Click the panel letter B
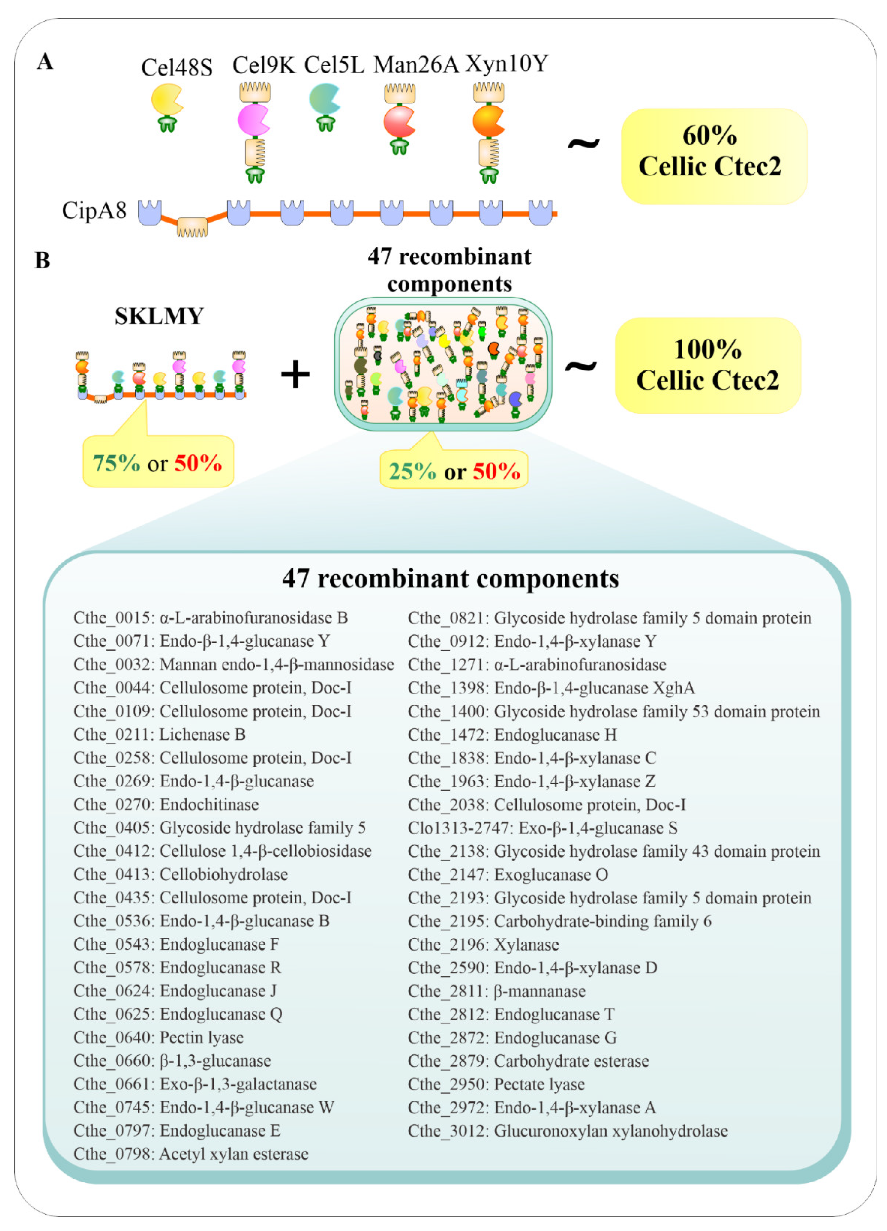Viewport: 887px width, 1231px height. (x=42, y=261)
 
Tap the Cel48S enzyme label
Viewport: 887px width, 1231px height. (x=176, y=67)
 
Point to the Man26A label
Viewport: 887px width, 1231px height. (x=416, y=64)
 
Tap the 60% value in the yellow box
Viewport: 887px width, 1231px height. (x=709, y=135)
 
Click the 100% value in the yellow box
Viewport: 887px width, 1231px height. (x=707, y=349)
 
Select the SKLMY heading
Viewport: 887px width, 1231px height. (x=159, y=316)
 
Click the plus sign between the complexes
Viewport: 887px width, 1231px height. (x=295, y=375)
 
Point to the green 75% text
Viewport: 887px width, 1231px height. (x=116, y=463)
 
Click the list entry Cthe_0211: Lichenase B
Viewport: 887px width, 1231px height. (x=160, y=734)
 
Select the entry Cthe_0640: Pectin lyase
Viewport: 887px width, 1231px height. (x=158, y=1037)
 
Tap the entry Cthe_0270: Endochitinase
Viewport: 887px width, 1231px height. (x=166, y=804)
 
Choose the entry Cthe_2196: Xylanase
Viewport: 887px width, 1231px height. (x=483, y=945)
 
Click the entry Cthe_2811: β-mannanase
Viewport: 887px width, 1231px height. (x=497, y=991)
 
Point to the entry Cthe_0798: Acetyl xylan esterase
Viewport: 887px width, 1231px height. (x=190, y=1154)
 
